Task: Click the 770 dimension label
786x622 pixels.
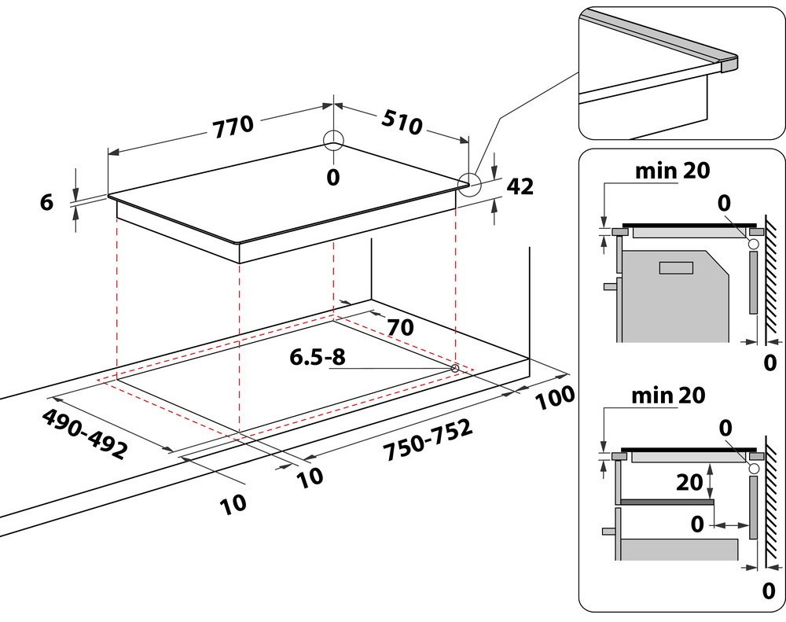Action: click(232, 124)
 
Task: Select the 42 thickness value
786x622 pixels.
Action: click(520, 186)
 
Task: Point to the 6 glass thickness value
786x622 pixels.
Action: click(46, 202)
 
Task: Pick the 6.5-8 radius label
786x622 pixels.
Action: click(318, 357)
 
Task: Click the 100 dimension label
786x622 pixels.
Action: click(555, 399)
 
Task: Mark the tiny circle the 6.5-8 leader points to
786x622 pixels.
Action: click(455, 368)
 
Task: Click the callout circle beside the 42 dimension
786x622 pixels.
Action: click(469, 184)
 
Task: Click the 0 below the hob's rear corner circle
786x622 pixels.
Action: click(333, 178)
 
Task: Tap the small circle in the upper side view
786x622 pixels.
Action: click(754, 245)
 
